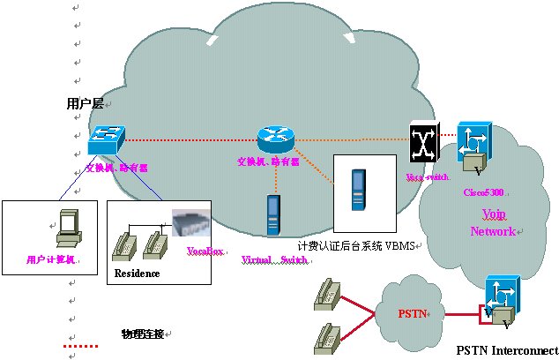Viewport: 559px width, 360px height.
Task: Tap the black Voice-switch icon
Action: [x=424, y=141]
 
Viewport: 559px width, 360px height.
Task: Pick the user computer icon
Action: [x=65, y=228]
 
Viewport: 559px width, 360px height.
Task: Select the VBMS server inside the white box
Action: [x=356, y=190]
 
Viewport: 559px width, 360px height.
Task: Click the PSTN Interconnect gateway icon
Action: [x=501, y=300]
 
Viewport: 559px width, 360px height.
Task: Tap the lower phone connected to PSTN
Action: [x=327, y=336]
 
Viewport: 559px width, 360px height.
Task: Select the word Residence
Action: [x=137, y=274]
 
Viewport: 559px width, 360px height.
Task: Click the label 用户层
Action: [x=85, y=104]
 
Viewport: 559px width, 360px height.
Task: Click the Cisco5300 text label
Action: [x=484, y=191]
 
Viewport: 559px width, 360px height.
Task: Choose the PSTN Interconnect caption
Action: [x=507, y=349]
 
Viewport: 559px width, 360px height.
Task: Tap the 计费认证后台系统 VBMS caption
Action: [x=356, y=245]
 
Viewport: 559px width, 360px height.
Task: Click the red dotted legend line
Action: [x=82, y=347]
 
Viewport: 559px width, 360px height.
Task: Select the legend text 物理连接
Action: [x=142, y=333]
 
